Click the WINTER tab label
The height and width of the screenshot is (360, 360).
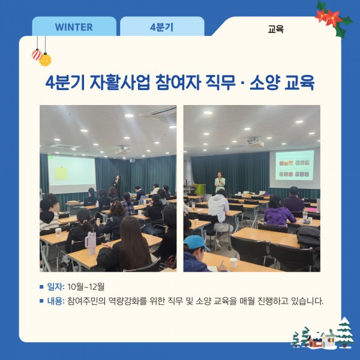[x=74, y=27]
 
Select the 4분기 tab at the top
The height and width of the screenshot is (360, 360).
[x=162, y=27]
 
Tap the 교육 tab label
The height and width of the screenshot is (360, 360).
[x=276, y=28]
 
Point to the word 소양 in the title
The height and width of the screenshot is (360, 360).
[x=262, y=82]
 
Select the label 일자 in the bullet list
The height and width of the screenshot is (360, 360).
[x=55, y=286]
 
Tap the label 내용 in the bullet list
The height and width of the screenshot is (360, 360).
[x=55, y=301]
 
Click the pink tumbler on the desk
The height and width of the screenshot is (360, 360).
[x=91, y=243]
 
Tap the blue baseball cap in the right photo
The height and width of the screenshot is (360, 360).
[x=197, y=242]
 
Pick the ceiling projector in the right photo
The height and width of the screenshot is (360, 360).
[x=256, y=142]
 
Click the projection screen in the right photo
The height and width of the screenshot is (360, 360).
[x=294, y=167]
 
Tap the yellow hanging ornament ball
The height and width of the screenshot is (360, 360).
[x=45, y=59]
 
